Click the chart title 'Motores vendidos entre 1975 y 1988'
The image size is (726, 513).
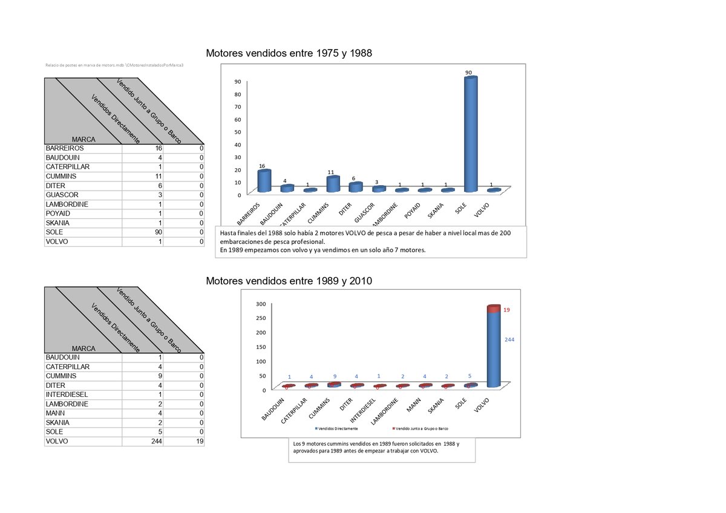tap(289, 54)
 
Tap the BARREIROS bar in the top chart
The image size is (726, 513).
tap(264, 180)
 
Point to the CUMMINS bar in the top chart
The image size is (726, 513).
tap(333, 184)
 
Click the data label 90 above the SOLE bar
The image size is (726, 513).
tap(469, 73)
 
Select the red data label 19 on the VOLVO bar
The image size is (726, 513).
tap(507, 310)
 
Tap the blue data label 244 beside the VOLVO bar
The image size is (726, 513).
tap(509, 340)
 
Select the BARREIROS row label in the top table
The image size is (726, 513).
tap(65, 148)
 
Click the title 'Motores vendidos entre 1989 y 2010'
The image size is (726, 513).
tap(289, 281)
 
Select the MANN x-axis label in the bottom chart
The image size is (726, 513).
tap(414, 404)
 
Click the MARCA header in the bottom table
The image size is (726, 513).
tap(83, 348)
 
